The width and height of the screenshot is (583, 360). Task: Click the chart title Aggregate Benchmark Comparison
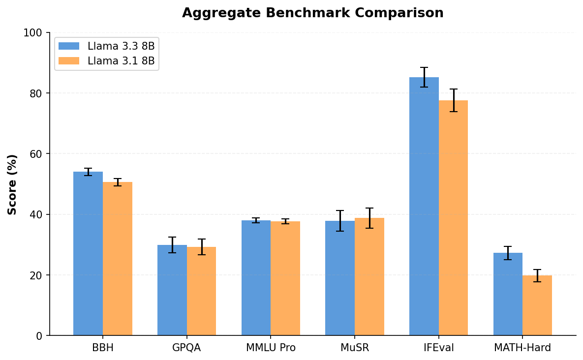point(312,13)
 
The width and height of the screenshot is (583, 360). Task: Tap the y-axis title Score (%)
point(12,184)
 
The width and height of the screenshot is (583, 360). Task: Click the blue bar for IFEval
point(424,207)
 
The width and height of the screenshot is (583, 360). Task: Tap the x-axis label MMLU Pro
point(271,348)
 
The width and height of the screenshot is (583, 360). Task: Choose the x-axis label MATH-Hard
point(522,348)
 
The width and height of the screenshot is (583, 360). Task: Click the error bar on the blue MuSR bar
point(340,221)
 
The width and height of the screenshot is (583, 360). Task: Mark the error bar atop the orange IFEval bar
point(453,100)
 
